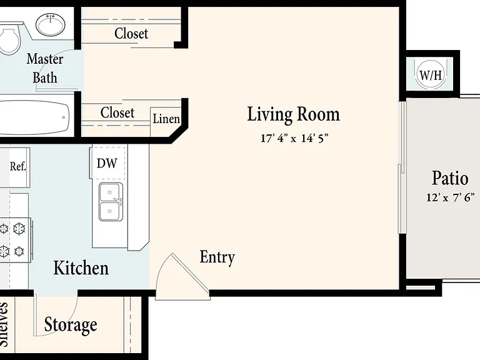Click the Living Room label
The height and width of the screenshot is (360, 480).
pyautogui.click(x=293, y=114)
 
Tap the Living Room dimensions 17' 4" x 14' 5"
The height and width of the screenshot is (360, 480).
pyautogui.click(x=294, y=138)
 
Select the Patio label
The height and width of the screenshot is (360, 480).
pyautogui.click(x=450, y=178)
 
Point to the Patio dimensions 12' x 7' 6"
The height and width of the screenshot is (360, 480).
pyautogui.click(x=451, y=197)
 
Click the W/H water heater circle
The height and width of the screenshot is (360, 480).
pyautogui.click(x=431, y=75)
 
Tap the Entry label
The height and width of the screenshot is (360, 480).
pyautogui.click(x=217, y=257)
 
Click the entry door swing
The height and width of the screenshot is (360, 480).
pyautogui.click(x=182, y=276)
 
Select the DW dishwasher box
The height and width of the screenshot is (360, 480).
pyautogui.click(x=107, y=163)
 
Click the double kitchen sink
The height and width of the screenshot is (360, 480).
pyautogui.click(x=111, y=202)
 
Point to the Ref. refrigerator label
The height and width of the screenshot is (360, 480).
pyautogui.click(x=18, y=166)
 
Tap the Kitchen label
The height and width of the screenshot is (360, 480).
pyautogui.click(x=81, y=268)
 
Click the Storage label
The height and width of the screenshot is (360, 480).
pyautogui.click(x=71, y=324)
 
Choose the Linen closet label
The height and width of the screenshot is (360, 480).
pyautogui.click(x=166, y=119)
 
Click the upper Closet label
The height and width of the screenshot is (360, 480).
pyautogui.click(x=131, y=33)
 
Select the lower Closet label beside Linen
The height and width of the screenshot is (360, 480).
pyautogui.click(x=117, y=112)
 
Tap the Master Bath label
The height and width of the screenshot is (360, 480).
pyautogui.click(x=45, y=68)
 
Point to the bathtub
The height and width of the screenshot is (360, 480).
pyautogui.click(x=34, y=117)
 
